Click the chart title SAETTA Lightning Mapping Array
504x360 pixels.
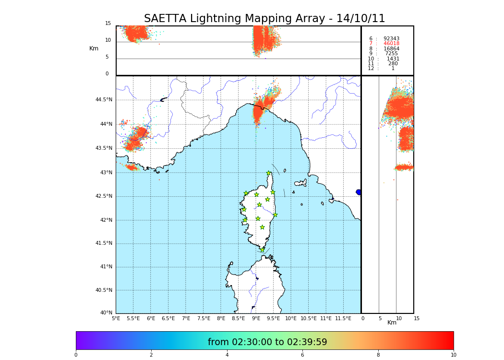point(264,19)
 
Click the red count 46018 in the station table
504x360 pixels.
point(391,44)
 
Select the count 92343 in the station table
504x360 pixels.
point(391,39)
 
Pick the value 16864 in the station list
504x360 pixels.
point(391,49)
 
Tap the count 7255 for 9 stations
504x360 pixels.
point(391,54)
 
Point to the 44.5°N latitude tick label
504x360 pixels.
point(104,100)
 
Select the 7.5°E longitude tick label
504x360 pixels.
point(204,318)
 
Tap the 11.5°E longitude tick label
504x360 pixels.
point(343,318)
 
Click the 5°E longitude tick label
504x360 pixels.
point(116,318)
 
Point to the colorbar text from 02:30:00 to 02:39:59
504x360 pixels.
point(267,342)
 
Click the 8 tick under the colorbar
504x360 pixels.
point(378,355)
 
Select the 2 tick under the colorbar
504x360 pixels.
point(151,355)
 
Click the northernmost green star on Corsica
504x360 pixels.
point(269,173)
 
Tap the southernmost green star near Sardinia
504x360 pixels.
point(262,250)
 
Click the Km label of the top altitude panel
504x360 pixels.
point(94,48)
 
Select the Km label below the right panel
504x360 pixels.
point(392,323)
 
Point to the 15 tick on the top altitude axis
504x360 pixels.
point(108,24)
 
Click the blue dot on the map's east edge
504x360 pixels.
point(359,192)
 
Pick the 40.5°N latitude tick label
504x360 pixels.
point(104,290)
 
